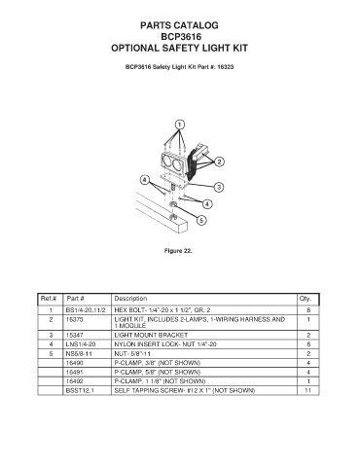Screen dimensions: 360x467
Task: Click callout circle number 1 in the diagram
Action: [180, 125]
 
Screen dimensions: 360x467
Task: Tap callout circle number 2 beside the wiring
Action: [220, 162]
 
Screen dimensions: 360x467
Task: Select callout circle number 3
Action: [219, 187]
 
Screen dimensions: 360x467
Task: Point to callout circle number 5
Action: [201, 221]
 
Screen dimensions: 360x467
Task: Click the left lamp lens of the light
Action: [166, 162]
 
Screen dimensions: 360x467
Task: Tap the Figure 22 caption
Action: [178, 251]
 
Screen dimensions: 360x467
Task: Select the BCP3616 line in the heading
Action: [181, 37]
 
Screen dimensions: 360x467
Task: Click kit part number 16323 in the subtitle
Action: [226, 67]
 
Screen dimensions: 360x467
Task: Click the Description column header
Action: [130, 299]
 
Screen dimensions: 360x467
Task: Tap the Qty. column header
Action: [306, 299]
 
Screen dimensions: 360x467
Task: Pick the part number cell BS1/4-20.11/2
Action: [86, 310]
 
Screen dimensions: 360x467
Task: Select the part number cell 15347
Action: [74, 335]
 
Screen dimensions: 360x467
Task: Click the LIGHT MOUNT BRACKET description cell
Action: [151, 335]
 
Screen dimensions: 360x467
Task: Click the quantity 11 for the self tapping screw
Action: [307, 390]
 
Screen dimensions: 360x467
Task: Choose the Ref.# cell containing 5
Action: [51, 353]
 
